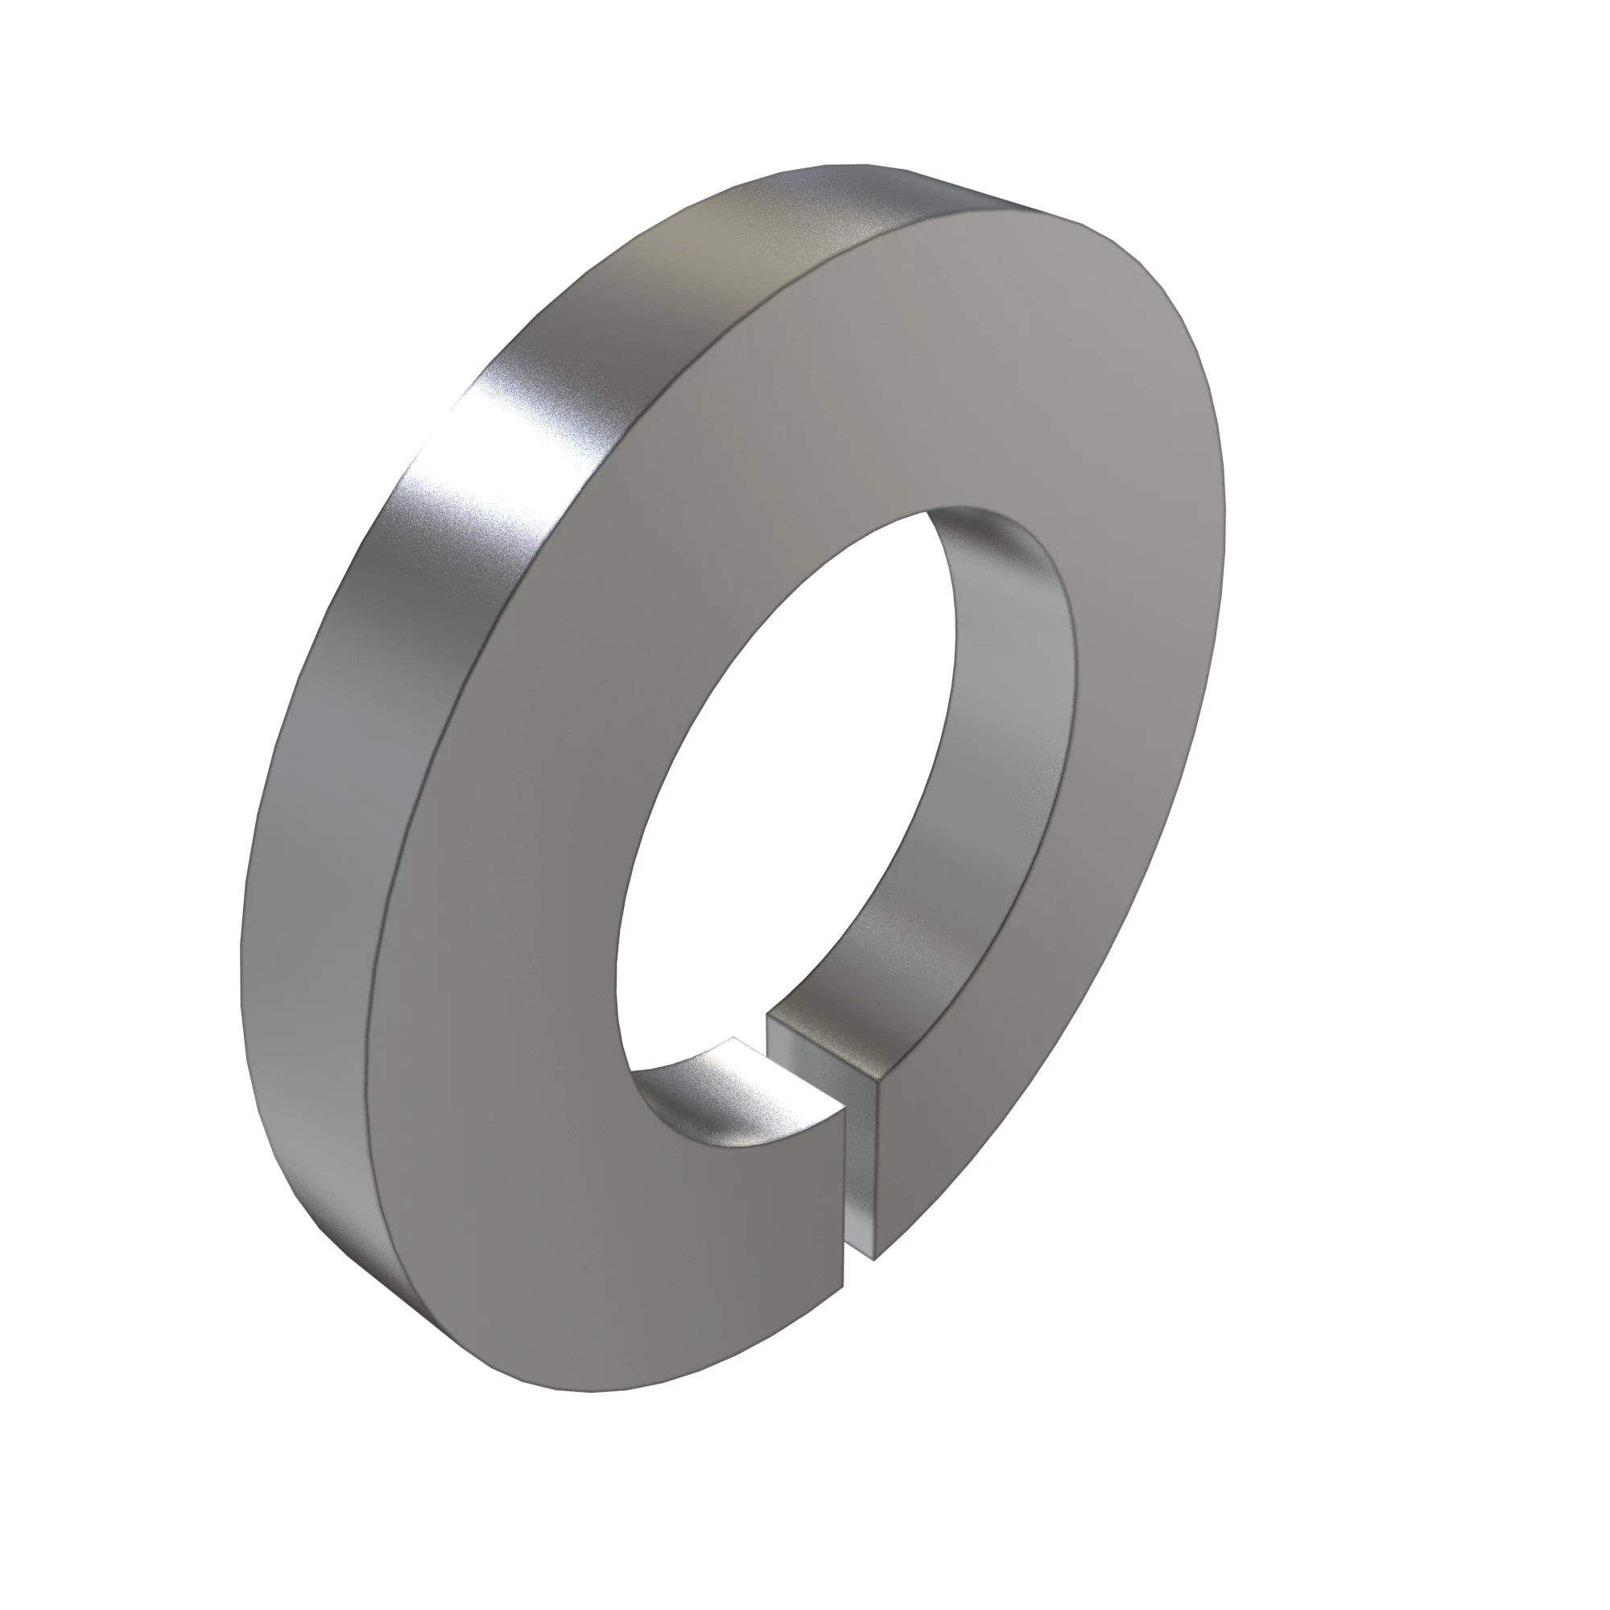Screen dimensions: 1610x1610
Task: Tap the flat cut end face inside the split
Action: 867,1166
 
